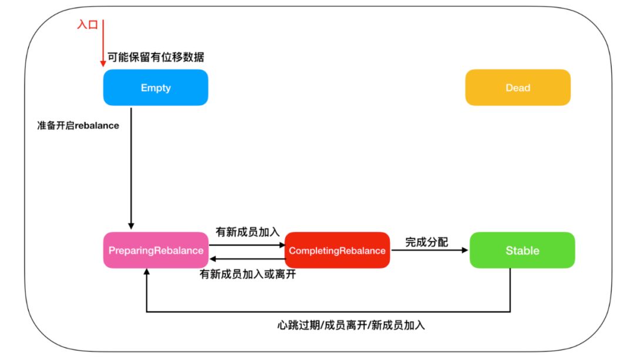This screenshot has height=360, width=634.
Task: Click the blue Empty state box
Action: [x=156, y=88]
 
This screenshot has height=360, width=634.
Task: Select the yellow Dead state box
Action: [x=518, y=88]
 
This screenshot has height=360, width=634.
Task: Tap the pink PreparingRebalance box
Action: [x=156, y=250]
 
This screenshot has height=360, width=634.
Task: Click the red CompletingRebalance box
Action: [x=338, y=250]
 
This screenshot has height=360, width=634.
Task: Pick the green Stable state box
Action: [x=522, y=250]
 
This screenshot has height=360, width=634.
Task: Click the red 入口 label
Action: [x=87, y=25]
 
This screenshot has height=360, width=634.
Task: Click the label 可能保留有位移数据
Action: [x=156, y=58]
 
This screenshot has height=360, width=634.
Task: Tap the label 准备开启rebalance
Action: [x=77, y=126]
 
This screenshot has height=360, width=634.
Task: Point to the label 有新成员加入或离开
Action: [x=248, y=274]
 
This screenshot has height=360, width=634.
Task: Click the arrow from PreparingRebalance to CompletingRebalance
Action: [x=247, y=245]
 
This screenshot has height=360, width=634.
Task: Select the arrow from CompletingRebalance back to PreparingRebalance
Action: [x=247, y=259]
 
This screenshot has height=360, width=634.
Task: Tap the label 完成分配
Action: [x=427, y=241]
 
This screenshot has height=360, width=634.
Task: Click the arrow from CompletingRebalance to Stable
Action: [x=430, y=250]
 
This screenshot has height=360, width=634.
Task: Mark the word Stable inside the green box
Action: [x=522, y=251]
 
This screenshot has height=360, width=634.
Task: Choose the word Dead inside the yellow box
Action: [x=518, y=88]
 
